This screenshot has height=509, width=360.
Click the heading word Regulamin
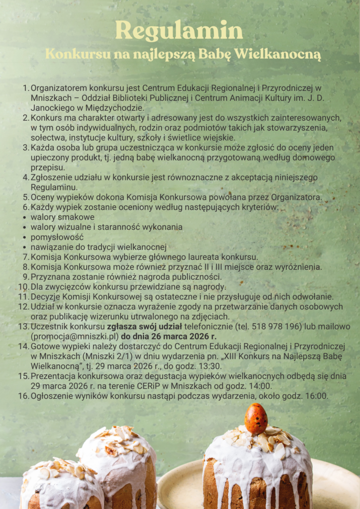[x=179, y=31]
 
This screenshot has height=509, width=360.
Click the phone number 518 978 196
[x=279, y=327]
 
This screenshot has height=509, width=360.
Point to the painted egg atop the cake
[x=256, y=419]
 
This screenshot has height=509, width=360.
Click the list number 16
[x=23, y=396]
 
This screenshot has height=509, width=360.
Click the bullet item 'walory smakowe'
[x=63, y=217]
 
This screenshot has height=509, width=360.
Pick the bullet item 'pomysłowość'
[x=57, y=237]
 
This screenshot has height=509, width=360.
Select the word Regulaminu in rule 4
[x=54, y=187]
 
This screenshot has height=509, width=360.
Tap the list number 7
[x=26, y=257]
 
